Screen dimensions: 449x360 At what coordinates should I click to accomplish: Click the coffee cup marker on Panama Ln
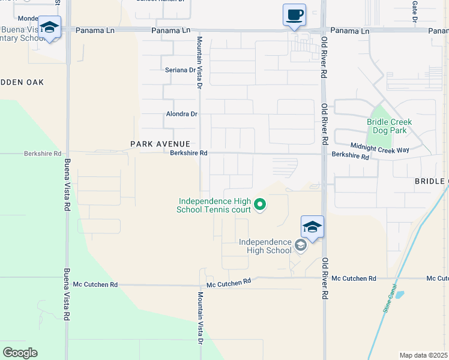[294, 15]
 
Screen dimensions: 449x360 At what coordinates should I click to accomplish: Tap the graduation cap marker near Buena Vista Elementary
[49, 27]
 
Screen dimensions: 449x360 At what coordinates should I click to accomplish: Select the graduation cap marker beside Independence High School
[312, 227]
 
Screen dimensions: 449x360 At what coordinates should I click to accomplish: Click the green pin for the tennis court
[260, 205]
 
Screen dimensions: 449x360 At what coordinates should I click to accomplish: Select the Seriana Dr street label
[181, 70]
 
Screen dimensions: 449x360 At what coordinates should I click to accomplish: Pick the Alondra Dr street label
[181, 114]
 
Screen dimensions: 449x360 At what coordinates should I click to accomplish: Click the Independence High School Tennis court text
[214, 205]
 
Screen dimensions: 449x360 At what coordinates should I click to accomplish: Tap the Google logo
[20, 353]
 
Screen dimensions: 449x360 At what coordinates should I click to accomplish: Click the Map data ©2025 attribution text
[424, 355]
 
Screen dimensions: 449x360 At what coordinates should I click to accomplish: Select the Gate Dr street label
[415, 10]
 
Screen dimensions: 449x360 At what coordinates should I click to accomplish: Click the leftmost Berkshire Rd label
[43, 154]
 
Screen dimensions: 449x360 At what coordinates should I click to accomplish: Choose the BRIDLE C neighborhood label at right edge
[431, 181]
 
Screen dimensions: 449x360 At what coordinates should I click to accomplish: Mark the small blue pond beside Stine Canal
[398, 295]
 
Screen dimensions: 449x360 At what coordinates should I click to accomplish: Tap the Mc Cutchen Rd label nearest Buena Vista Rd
[95, 284]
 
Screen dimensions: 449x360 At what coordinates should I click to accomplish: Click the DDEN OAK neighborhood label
[22, 82]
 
